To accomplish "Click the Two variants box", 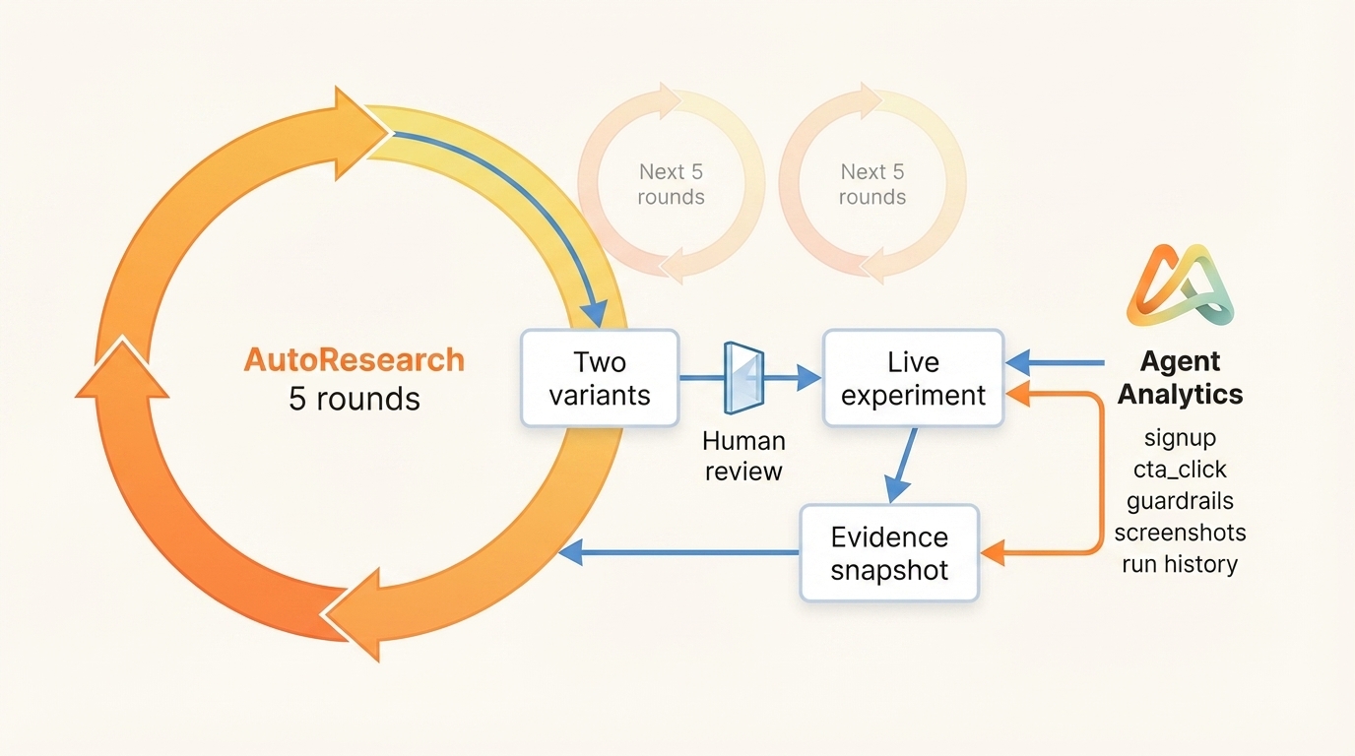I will coord(600,378).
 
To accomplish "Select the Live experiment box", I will coord(913,378).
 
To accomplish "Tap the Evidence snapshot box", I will coord(889,552).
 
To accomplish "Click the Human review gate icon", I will coord(742,377).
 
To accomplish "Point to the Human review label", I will coord(743,456).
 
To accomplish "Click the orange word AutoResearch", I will coord(354,359).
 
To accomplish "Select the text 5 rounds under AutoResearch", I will coord(354,399).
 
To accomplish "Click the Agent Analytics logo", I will coord(1180,285).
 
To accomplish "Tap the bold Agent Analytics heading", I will coord(1180,378).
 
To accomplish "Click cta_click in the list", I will coord(1180,469).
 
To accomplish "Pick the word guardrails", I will coord(1180,500).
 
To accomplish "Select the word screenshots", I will coord(1180,533).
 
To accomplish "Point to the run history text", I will coord(1180,564).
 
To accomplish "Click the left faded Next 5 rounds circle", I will coord(671,183).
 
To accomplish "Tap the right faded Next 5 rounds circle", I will coord(871,183).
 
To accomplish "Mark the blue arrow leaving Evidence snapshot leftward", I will coord(679,552).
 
